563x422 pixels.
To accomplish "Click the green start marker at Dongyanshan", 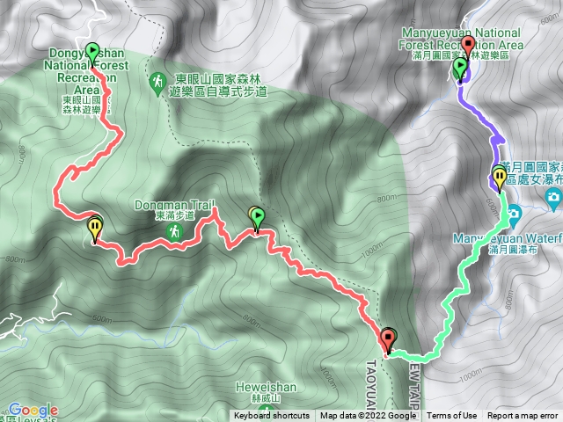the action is tap(93, 52).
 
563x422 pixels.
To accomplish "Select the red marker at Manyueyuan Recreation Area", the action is tap(467, 47).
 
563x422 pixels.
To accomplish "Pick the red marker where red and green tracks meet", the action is tap(389, 338).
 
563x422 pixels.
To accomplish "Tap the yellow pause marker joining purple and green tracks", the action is tap(500, 178).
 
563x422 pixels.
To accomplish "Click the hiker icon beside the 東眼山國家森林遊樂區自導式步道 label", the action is tap(157, 80).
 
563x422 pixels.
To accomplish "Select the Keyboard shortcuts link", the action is tap(271, 416).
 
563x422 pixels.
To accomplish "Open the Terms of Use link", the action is tap(451, 416).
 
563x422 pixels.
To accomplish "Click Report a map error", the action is tap(523, 416).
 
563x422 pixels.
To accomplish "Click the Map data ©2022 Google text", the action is tap(368, 416).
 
